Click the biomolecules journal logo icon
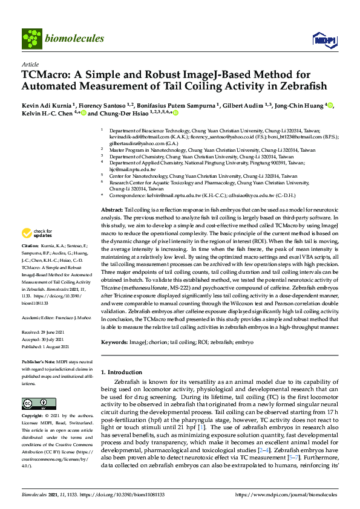pyautogui.click(x=30, y=39)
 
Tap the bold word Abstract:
pyautogui.click(x=111, y=208)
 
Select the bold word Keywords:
pyautogui.click(x=114, y=343)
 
